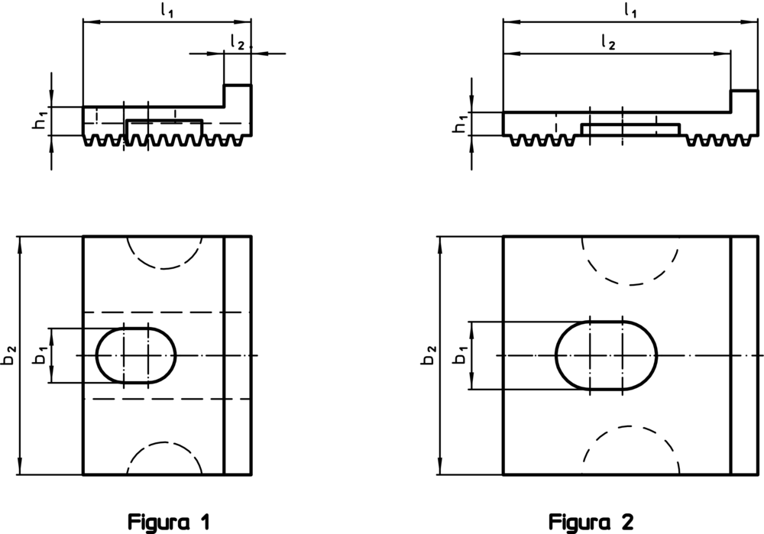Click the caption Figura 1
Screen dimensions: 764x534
[x=169, y=523]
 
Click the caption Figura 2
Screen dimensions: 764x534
[x=591, y=523]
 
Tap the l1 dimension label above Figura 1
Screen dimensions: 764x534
[x=167, y=11]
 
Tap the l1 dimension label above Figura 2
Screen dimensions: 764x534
[x=630, y=11]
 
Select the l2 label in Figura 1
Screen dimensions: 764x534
[x=238, y=43]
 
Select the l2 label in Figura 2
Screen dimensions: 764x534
[x=608, y=43]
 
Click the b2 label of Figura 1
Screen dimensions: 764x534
[x=10, y=354]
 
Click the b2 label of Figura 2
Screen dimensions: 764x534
[x=429, y=354]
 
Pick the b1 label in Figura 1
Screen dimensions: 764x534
[x=40, y=354]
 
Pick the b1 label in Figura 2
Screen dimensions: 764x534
[x=461, y=354]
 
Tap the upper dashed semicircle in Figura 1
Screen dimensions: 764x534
[x=164, y=268]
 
